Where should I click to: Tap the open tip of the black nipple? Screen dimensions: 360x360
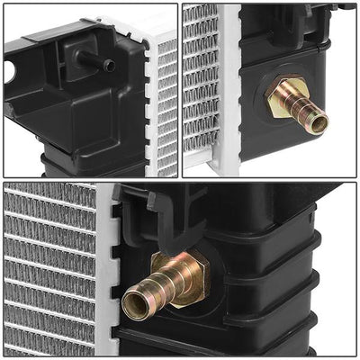[x=109, y=66]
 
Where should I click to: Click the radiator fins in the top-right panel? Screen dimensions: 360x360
[x=200, y=81]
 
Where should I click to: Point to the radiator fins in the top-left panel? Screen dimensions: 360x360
[x=167, y=108]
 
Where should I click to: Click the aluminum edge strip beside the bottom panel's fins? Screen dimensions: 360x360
[x=106, y=270]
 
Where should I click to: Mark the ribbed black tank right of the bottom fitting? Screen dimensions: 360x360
[x=288, y=288]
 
